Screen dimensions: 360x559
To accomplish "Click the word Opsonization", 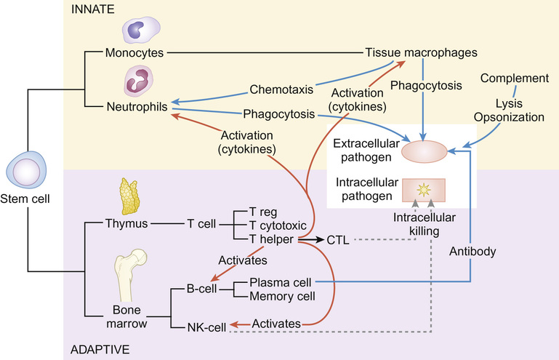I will [514, 116].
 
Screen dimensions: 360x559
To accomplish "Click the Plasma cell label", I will [281, 282].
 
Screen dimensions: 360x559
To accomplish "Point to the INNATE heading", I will [91, 9].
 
